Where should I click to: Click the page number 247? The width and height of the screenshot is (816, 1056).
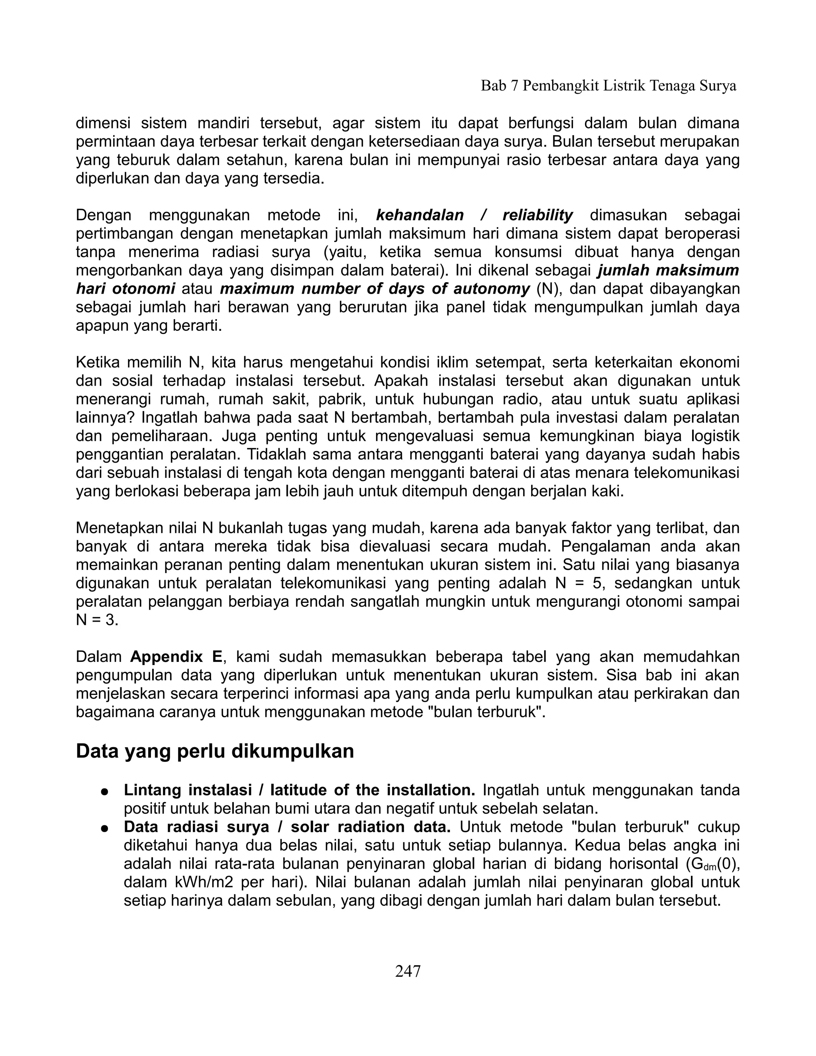coord(408,971)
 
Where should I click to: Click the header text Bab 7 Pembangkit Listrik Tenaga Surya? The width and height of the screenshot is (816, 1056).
coord(608,86)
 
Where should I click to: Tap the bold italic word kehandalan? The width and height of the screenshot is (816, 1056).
coord(420,215)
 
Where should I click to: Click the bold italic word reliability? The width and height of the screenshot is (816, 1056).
coord(537,215)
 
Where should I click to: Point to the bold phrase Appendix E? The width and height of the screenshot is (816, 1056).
coord(176,657)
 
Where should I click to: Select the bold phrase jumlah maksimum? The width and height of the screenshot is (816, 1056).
coord(669,270)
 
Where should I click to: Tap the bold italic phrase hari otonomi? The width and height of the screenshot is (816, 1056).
coord(126,289)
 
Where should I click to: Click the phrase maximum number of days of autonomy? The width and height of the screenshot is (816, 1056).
coord(375,289)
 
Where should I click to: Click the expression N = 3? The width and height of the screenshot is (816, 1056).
coord(97,620)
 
